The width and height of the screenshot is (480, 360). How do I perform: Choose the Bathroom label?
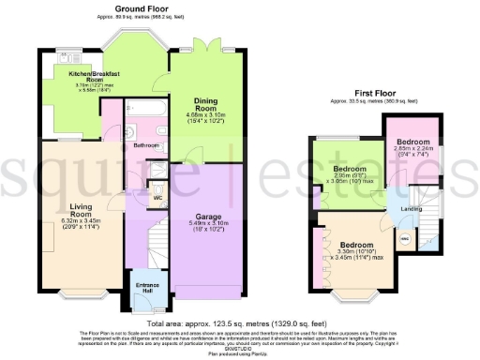click(x=145, y=146)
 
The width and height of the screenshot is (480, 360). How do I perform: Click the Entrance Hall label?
click(x=148, y=288)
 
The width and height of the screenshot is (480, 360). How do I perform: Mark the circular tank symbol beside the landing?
click(x=405, y=240)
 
